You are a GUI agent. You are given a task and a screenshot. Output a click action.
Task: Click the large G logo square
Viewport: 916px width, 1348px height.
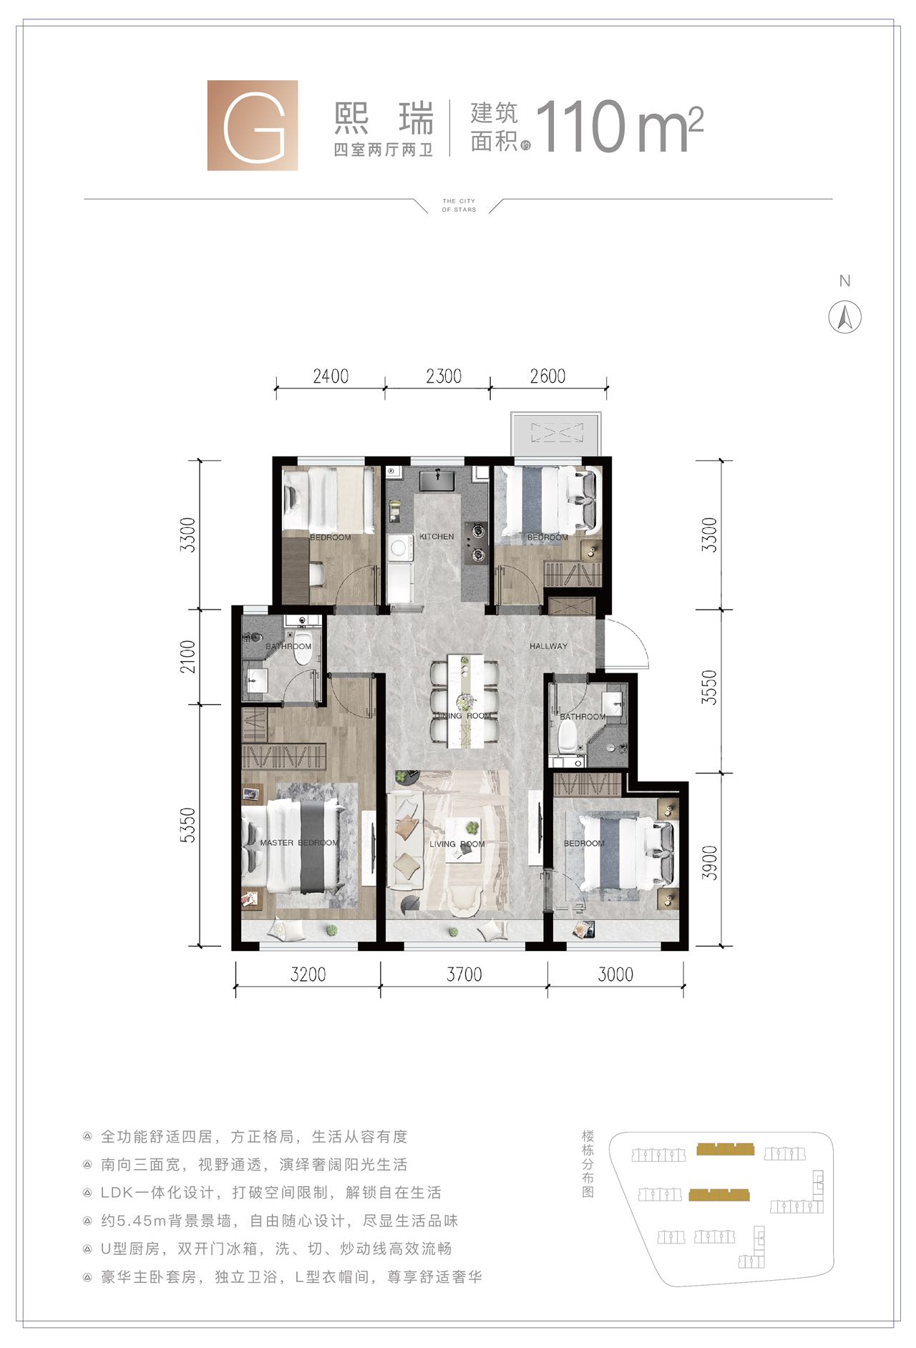pos(253,125)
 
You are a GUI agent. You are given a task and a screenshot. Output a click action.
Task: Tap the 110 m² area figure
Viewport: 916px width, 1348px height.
pos(620,127)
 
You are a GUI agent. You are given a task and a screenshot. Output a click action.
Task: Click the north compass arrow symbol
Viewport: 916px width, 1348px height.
pos(844,317)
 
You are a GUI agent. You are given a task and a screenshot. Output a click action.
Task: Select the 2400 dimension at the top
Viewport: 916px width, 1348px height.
pos(331,376)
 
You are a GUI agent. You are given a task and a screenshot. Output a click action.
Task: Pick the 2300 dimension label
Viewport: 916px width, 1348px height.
pos(444,376)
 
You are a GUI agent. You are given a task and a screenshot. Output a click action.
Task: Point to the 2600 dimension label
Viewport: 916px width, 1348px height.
pos(547,376)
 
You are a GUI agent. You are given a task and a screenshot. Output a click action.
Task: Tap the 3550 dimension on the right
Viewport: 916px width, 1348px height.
pos(709,688)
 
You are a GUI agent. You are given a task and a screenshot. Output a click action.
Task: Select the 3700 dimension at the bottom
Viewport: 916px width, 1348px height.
pos(464,975)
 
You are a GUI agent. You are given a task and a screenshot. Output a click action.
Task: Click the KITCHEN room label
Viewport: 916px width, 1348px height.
pos(437,537)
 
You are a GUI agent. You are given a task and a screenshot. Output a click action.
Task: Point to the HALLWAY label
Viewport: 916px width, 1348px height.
pos(548,646)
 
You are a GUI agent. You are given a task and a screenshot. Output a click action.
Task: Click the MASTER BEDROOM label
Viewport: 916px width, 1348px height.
pos(299,843)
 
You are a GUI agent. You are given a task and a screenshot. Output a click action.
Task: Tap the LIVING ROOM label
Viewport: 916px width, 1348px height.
pos(457,844)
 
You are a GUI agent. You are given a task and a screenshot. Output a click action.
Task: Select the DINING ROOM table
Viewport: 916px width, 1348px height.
pos(465,701)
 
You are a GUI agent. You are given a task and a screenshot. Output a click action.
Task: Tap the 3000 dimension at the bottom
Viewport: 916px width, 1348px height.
pos(615,975)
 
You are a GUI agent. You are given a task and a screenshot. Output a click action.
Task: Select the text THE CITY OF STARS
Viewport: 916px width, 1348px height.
pos(459,205)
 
